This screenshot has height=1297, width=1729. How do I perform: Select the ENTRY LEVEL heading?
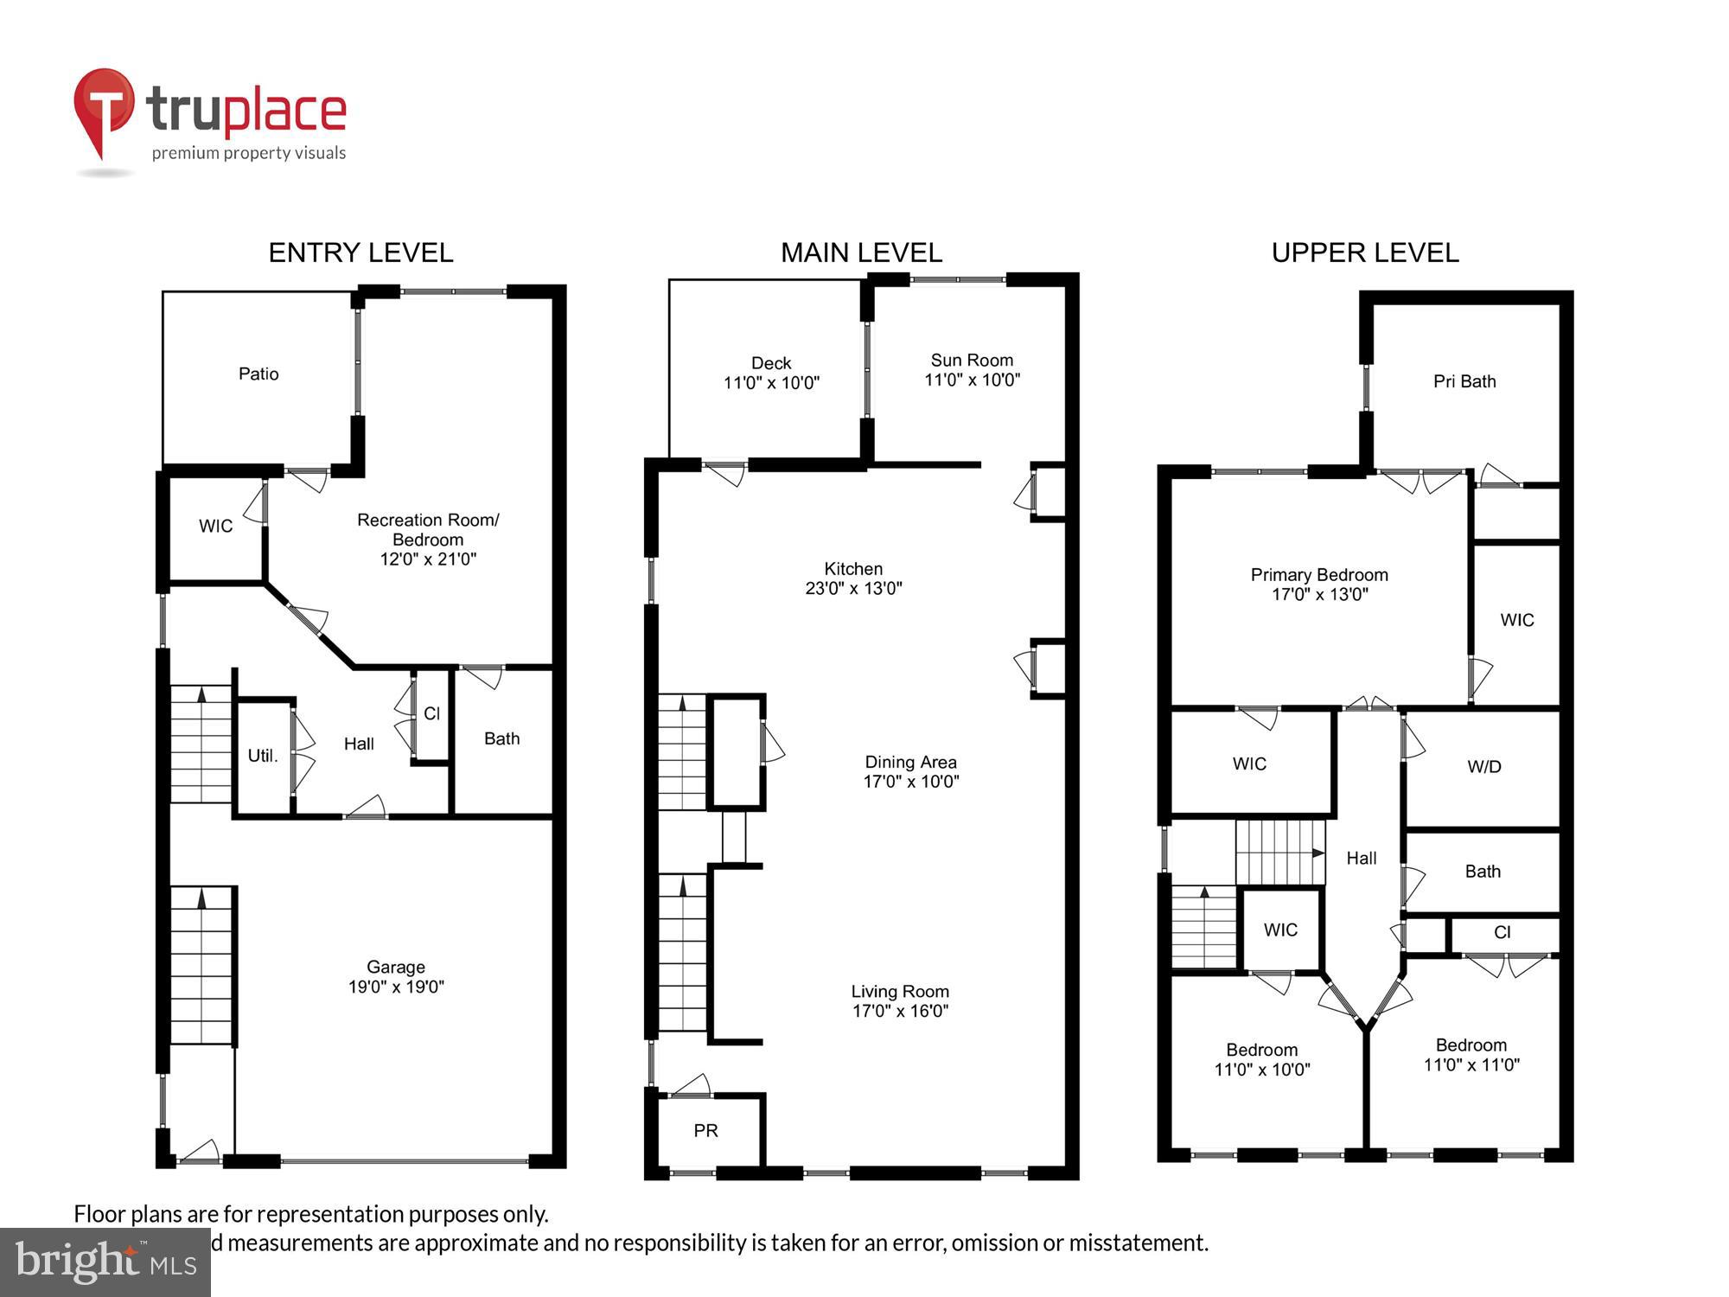click(360, 252)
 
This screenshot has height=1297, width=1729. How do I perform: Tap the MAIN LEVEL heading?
click(861, 252)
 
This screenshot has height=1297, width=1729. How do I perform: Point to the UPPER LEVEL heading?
click(1364, 252)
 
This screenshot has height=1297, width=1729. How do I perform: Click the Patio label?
click(258, 374)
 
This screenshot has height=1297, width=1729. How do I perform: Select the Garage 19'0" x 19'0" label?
click(396, 977)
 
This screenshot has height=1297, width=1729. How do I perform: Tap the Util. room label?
click(263, 756)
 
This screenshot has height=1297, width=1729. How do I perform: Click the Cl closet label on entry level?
click(431, 713)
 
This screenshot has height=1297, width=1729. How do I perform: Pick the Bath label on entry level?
click(501, 738)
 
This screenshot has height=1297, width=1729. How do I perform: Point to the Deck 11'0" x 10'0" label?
click(771, 373)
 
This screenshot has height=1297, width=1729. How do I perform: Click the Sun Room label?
click(972, 361)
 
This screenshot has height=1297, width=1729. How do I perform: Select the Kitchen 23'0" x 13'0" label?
click(853, 578)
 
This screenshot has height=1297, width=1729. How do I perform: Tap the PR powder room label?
click(705, 1131)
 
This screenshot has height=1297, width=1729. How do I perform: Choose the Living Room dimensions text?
click(900, 1011)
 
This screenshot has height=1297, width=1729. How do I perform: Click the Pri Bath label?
click(1464, 381)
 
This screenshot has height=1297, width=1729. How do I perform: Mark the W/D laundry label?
click(1483, 767)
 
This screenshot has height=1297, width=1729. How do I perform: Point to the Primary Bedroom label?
click(1319, 575)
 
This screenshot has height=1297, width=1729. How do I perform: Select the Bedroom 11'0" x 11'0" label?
click(1471, 1055)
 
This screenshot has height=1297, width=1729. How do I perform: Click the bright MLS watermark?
click(105, 1263)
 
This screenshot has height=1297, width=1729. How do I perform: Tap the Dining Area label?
click(910, 763)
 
